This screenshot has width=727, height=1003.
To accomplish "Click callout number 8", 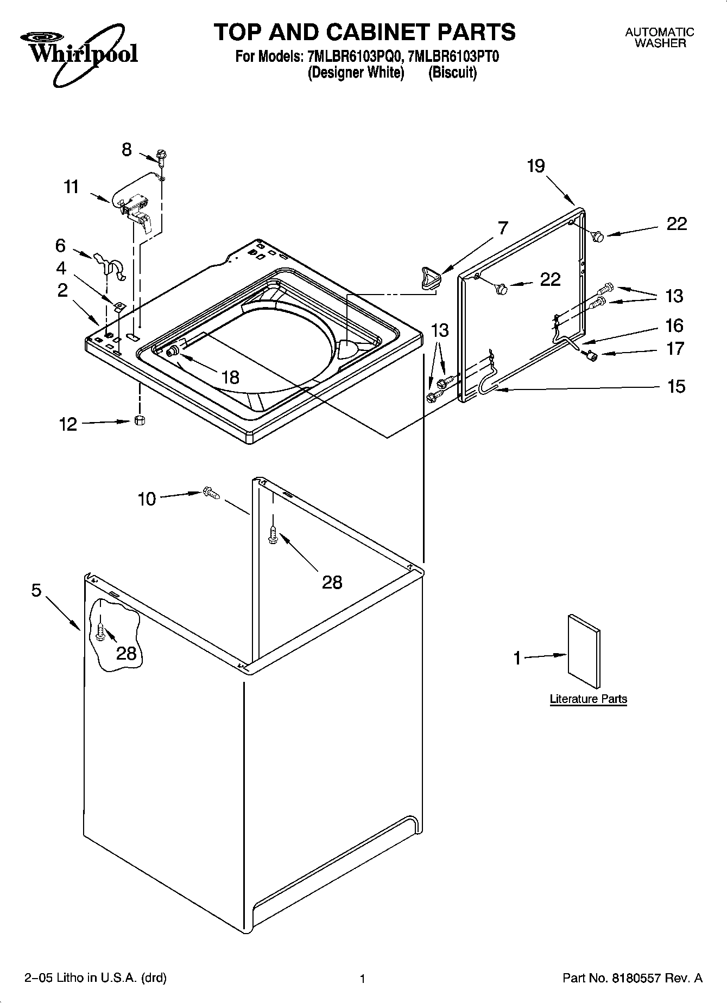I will click(127, 150).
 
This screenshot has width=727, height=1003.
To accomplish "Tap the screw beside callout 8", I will click(161, 157).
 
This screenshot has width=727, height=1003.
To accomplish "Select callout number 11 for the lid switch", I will click(71, 187).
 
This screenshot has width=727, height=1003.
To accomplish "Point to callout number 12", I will click(68, 424).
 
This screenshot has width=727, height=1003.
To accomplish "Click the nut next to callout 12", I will click(140, 420).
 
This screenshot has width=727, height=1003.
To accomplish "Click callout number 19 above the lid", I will click(536, 166).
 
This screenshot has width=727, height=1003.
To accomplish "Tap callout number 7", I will click(503, 228).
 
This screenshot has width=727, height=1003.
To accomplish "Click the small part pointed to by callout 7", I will click(430, 277).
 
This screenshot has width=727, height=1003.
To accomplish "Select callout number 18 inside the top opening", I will click(231, 377).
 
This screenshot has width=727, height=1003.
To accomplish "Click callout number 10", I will click(147, 499).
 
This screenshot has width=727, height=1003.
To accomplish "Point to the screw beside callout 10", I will click(211, 493).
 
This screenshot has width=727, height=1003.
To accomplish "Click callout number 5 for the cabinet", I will click(36, 590).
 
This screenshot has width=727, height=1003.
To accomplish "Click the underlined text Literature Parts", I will click(588, 699).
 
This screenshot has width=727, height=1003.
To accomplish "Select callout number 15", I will click(676, 387).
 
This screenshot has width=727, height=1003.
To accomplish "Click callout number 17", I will click(675, 348).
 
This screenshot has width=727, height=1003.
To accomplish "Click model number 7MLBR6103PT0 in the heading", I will click(453, 56).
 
